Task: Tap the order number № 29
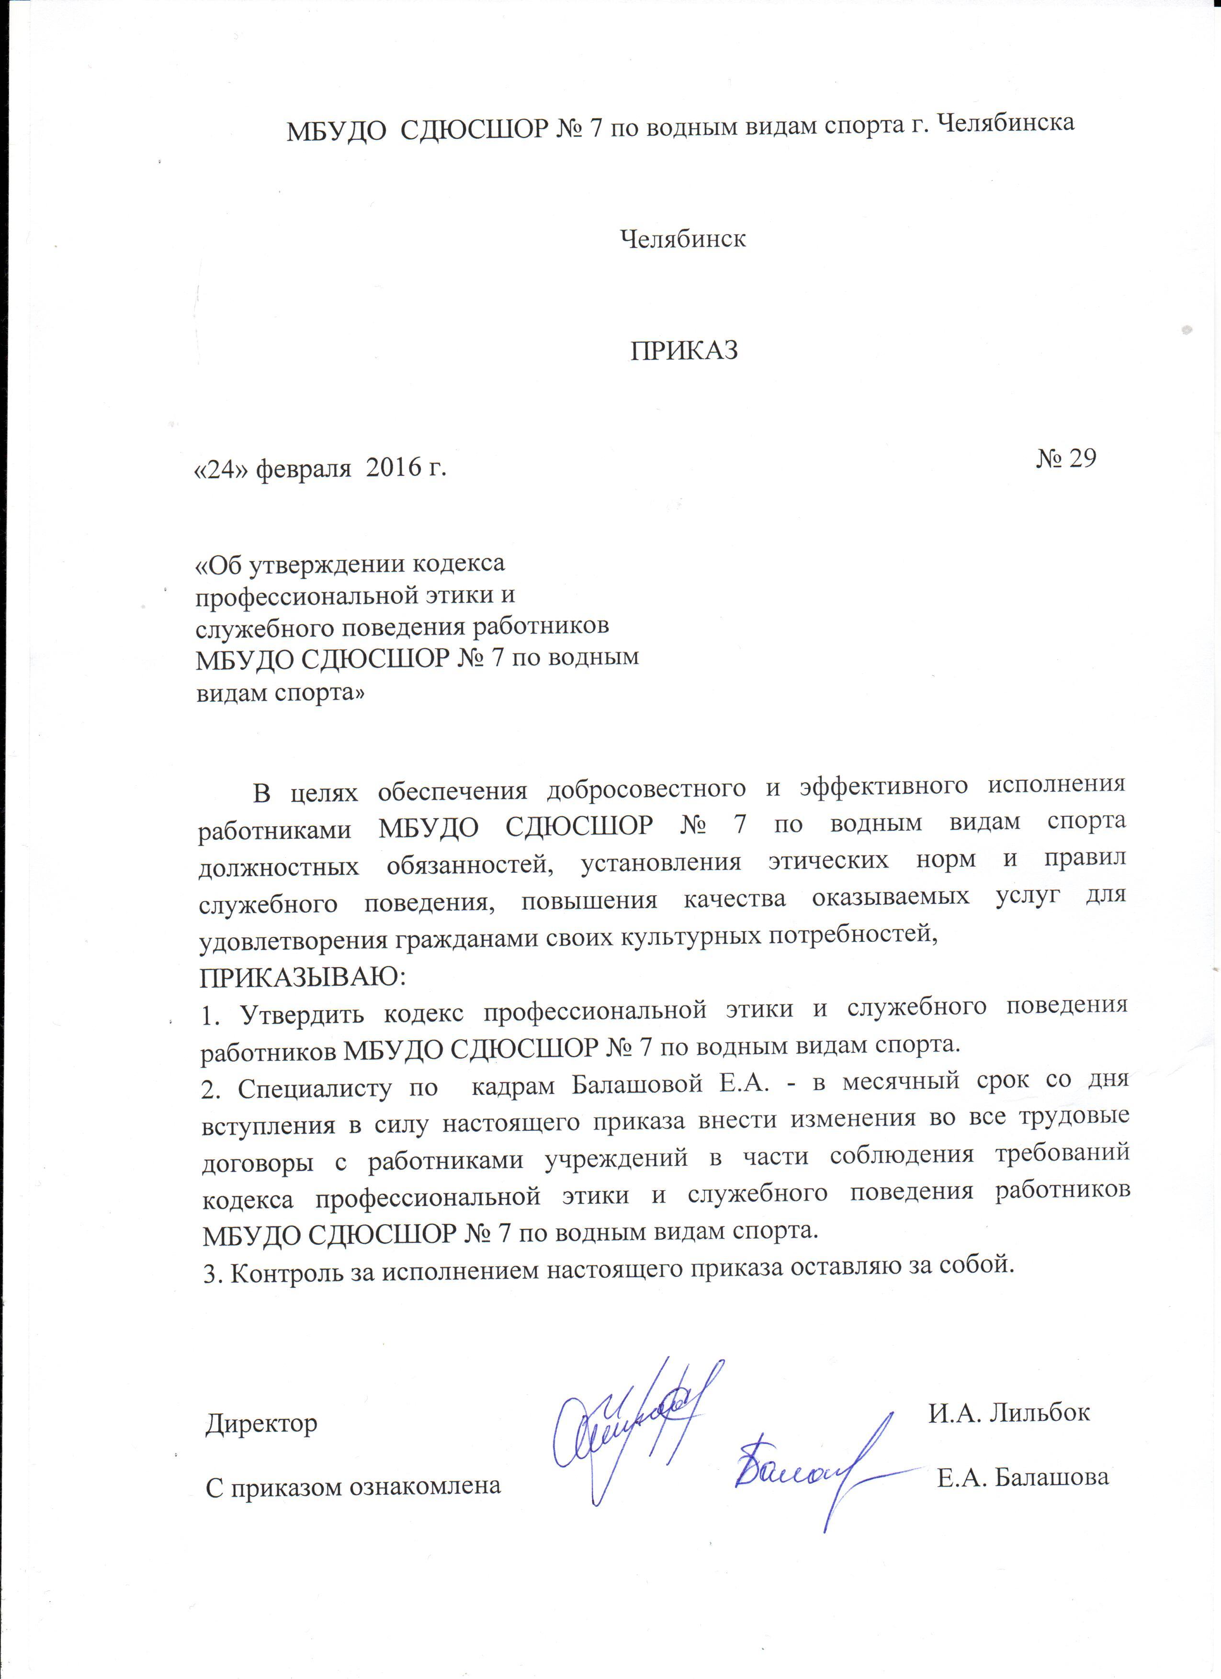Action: [x=1065, y=458]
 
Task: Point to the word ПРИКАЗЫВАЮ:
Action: [x=302, y=977]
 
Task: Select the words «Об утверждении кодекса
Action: [x=350, y=564]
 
